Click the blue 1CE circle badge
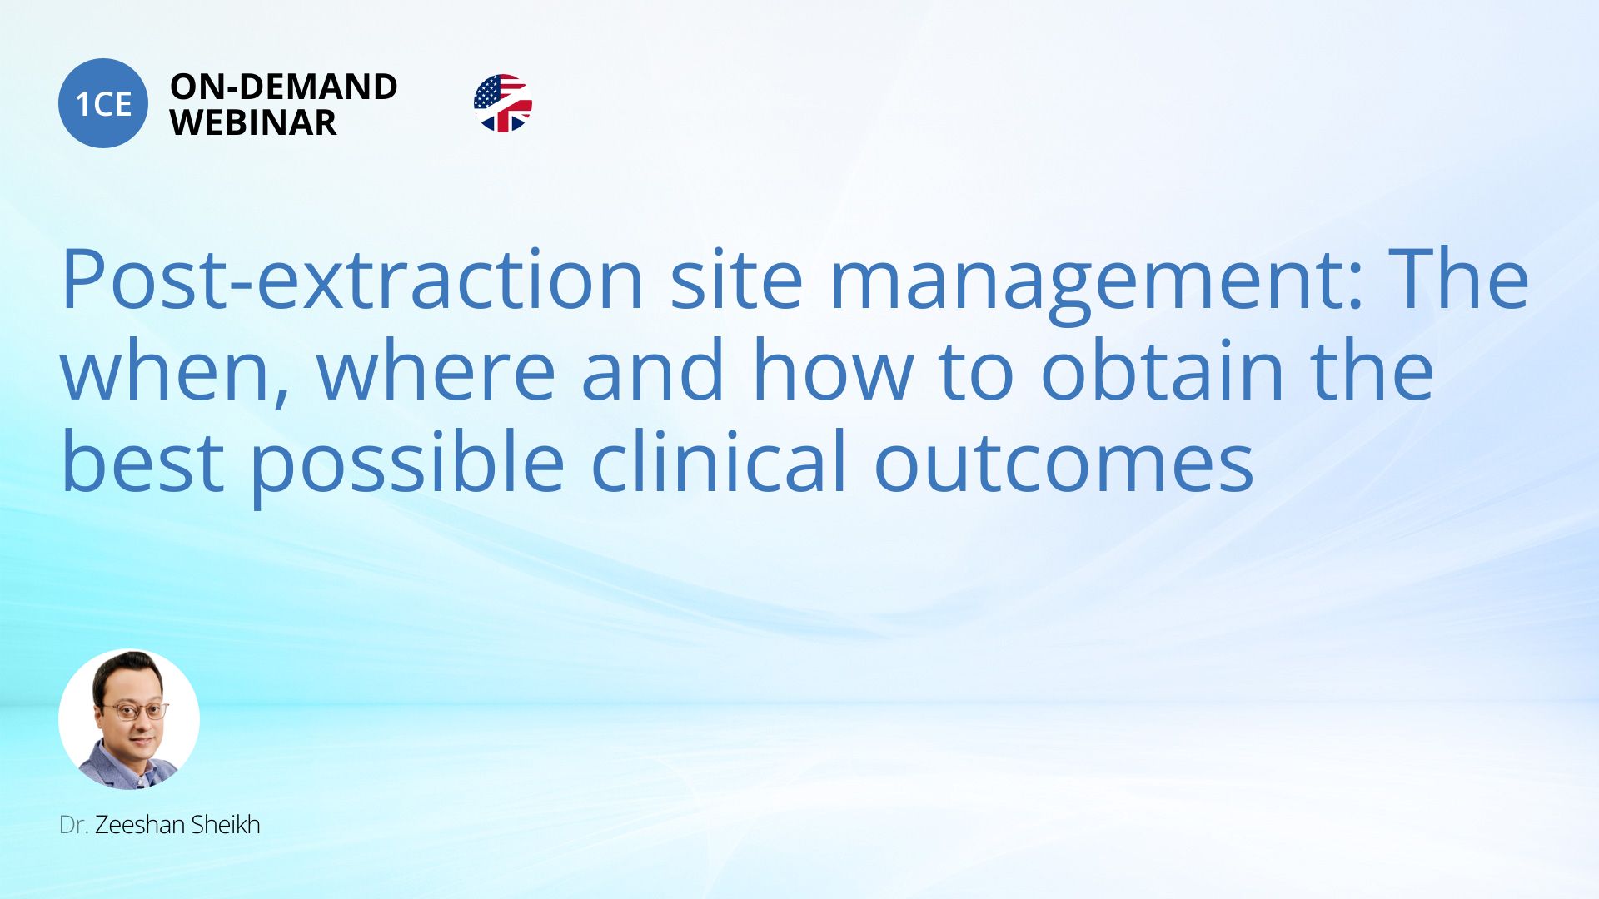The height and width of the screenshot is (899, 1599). [103, 103]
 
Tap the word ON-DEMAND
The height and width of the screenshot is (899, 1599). [283, 87]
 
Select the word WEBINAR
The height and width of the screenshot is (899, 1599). [253, 122]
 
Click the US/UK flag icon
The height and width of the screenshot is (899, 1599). [503, 103]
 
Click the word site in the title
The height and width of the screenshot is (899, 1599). [736, 279]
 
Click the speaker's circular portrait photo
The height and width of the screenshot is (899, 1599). [129, 719]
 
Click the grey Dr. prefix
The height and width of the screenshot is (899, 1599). [73, 825]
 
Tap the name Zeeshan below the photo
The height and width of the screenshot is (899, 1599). [140, 825]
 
